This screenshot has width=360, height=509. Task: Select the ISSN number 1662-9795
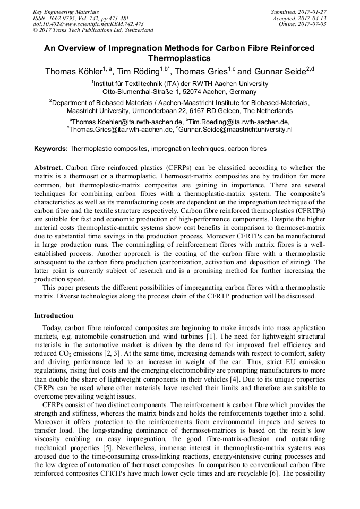click(x=67, y=18)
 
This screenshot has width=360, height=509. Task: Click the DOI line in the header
click(x=88, y=24)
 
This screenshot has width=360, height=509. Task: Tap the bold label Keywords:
click(x=51, y=149)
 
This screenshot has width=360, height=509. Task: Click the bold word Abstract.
click(x=49, y=168)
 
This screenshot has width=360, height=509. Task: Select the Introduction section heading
click(x=54, y=316)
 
